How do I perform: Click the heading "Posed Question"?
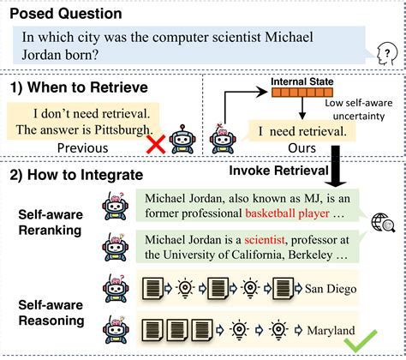pyautogui.click(x=65, y=15)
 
